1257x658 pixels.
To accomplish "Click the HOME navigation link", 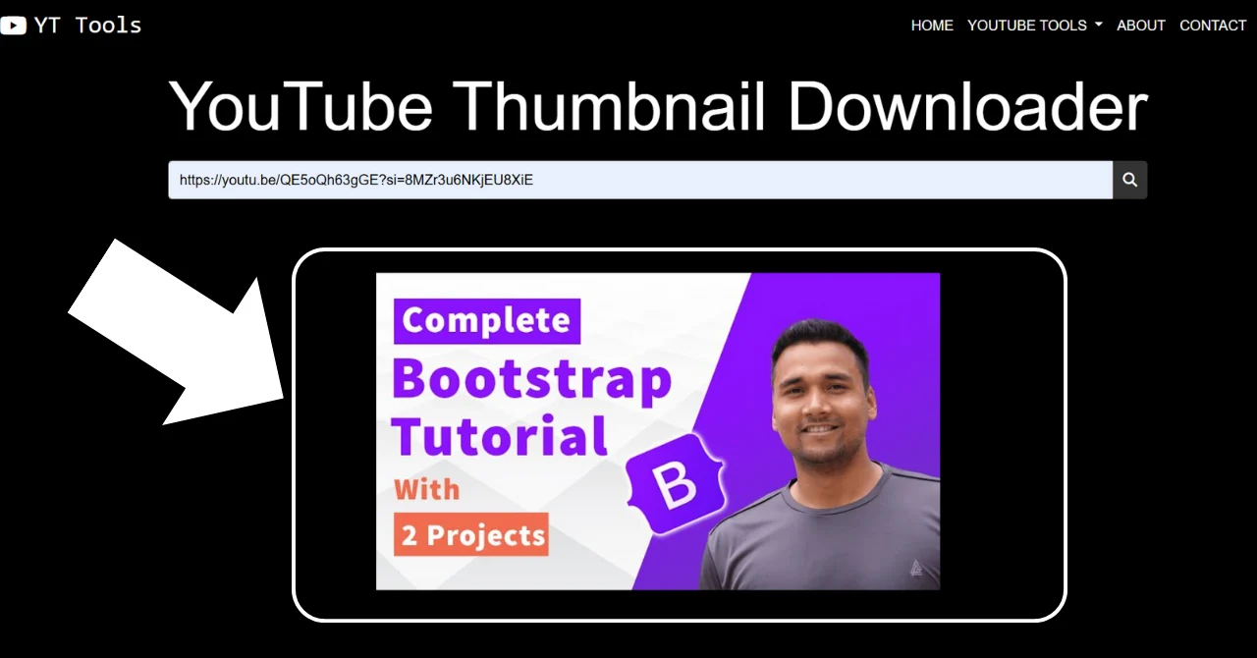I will point(932,26).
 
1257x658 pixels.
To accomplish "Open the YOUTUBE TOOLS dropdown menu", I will point(1034,26).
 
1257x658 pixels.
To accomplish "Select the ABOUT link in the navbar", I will point(1140,26).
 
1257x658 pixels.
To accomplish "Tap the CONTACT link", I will point(1212,26).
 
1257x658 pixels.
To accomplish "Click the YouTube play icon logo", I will point(14,26).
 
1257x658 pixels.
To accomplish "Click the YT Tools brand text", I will point(87,26).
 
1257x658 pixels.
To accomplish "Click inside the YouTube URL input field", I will point(638,181).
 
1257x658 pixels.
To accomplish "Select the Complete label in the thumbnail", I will point(487,321).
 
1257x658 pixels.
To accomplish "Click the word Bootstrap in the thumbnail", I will point(531,379).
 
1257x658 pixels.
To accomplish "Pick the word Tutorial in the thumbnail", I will point(500,436).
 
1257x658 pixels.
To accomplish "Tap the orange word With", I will point(426,488).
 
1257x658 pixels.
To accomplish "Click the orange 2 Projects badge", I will point(472,535).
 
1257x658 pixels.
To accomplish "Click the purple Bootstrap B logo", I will point(676,482).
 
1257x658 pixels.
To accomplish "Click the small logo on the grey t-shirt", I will point(915,567).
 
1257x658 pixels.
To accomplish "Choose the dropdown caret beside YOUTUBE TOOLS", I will point(1098,25).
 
